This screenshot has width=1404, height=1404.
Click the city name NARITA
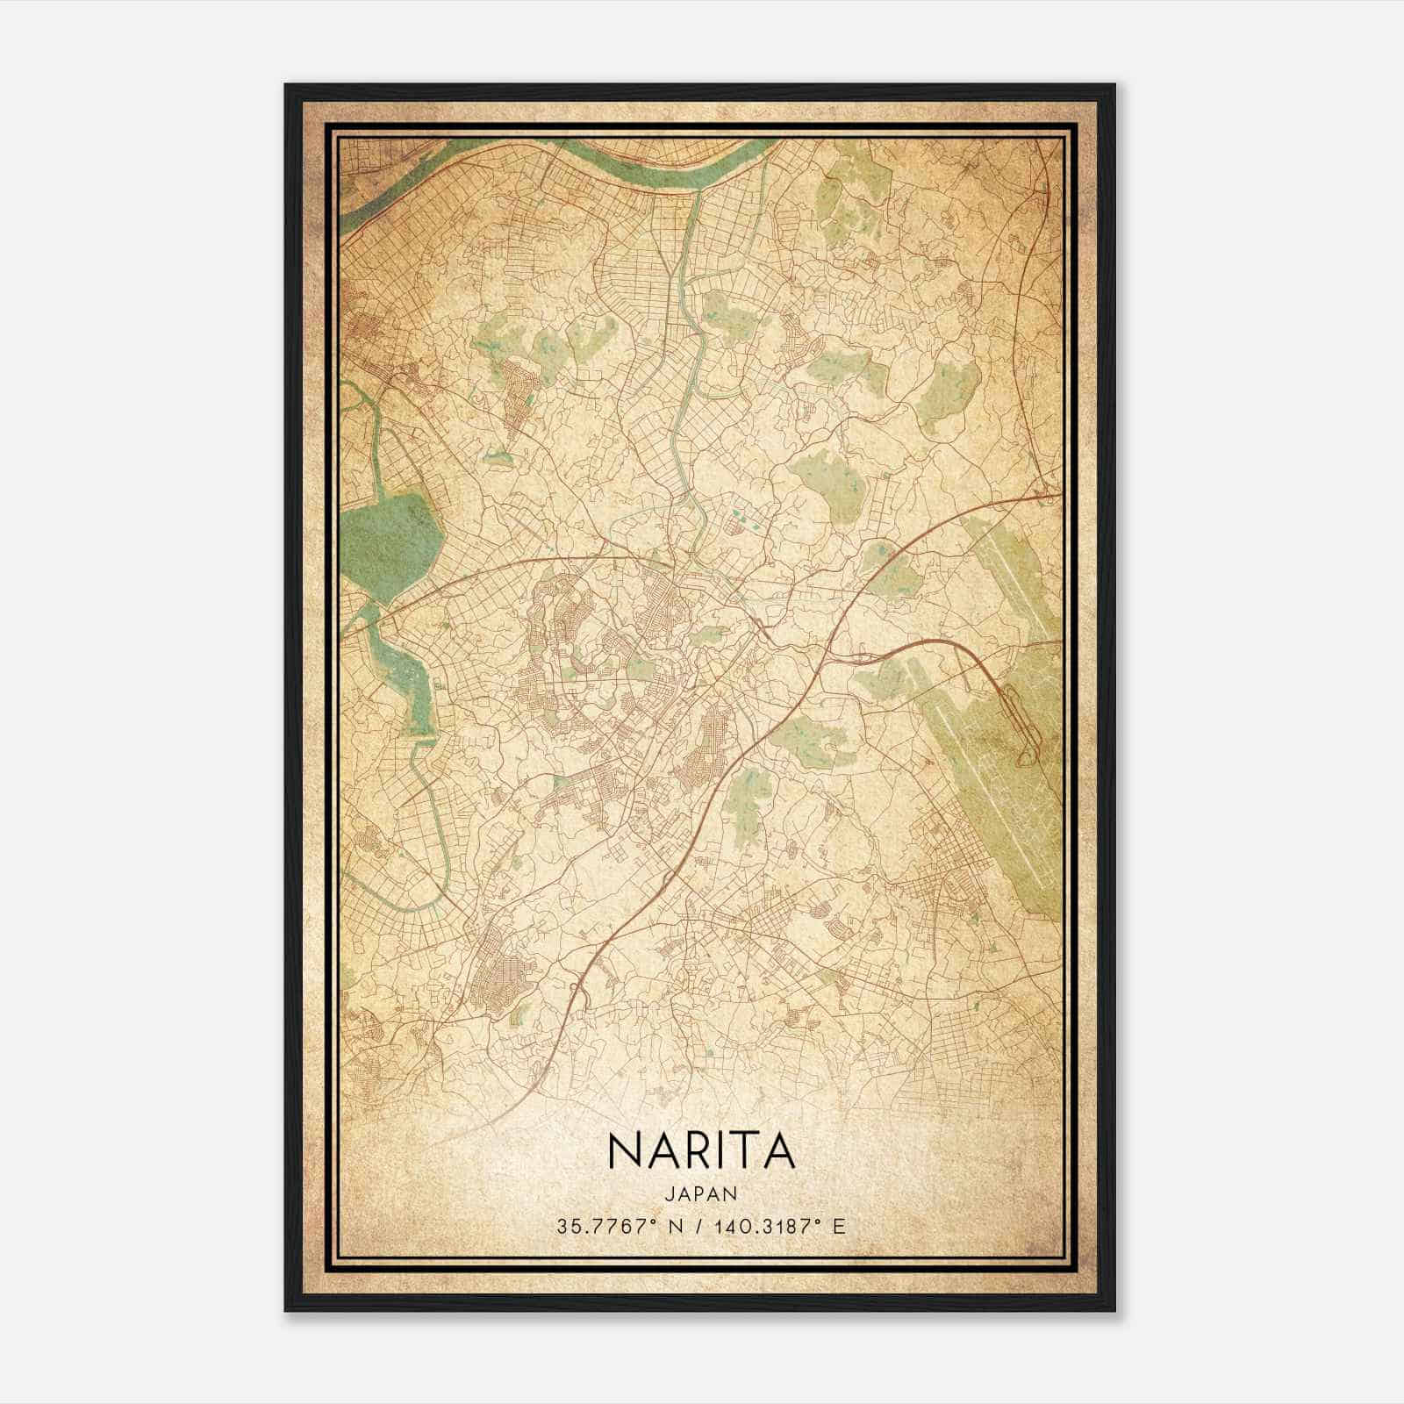700,1150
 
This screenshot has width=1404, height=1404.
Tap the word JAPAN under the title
700,1193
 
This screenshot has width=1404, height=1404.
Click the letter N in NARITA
623,1150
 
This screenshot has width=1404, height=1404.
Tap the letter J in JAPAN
670,1193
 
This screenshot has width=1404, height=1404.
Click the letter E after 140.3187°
840,1225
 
